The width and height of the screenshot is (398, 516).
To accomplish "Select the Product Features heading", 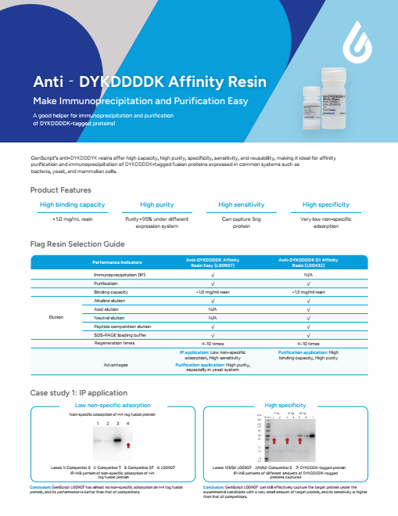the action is pos(59,190).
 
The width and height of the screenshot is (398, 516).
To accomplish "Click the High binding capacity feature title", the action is pos(73,204).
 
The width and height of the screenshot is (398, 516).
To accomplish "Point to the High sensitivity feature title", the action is pos(245,204).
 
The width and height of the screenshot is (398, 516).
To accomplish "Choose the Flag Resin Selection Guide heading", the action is pos(77,244).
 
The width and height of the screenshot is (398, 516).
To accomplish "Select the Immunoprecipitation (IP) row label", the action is pos(120,276).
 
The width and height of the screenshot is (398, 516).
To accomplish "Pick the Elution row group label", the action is pos(56,318).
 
